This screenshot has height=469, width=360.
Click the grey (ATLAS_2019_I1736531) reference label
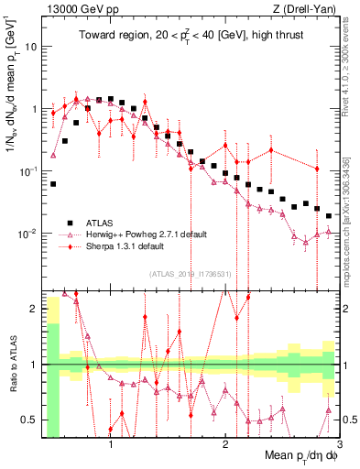pos(191,272)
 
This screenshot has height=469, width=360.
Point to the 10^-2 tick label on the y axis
pos(28,234)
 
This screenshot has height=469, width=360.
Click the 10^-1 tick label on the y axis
pos(28,171)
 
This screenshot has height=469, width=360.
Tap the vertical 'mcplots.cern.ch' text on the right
pos(352,211)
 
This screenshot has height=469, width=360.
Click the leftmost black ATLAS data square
pos(53,184)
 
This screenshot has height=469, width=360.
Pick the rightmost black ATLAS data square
pos(329,216)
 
